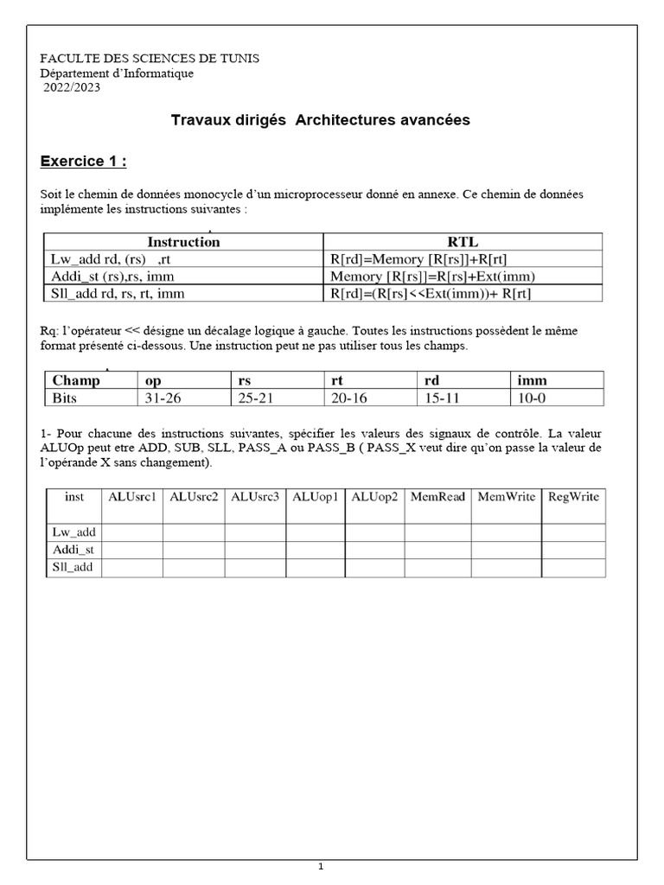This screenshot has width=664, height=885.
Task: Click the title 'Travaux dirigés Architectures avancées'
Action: (321, 120)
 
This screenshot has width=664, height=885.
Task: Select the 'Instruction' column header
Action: (183, 242)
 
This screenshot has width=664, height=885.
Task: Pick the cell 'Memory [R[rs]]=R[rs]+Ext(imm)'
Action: (433, 277)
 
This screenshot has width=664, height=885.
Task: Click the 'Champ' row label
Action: (76, 380)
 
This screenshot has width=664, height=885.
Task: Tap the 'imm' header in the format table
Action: (532, 380)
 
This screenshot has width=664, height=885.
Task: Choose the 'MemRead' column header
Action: (437, 496)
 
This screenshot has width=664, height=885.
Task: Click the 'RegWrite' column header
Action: (573, 496)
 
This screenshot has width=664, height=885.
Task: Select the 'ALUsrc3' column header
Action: (255, 496)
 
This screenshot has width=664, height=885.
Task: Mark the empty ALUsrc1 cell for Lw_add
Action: (132, 532)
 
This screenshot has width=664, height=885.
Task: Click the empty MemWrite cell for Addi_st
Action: (506, 550)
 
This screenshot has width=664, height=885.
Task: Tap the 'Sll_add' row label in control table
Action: (73, 567)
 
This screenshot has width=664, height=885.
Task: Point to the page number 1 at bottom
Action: (320, 866)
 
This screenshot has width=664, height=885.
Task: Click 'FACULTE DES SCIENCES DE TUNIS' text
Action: (150, 58)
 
